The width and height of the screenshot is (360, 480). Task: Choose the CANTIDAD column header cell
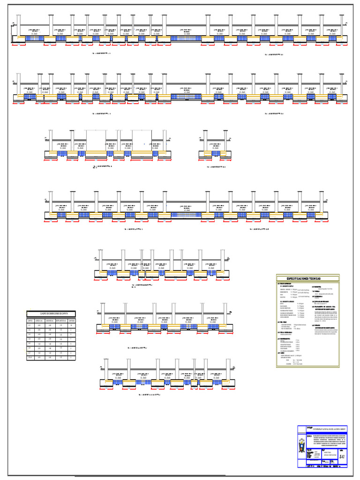(71, 321)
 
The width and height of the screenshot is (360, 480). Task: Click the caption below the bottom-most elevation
(152, 395)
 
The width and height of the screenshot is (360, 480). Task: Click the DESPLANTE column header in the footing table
(60, 321)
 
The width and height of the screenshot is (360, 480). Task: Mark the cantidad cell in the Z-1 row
(71, 325)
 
